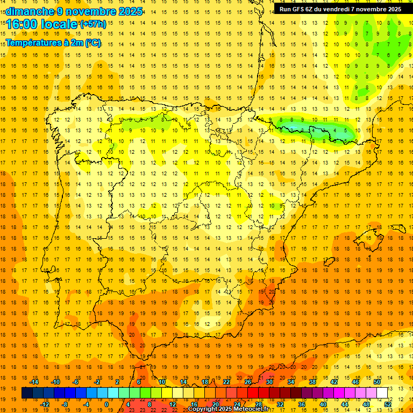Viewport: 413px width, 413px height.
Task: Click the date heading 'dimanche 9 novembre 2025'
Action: click(74, 11)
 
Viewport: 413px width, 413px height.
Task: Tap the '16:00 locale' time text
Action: click(41, 24)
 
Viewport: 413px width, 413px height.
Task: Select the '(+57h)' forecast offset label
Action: click(92, 24)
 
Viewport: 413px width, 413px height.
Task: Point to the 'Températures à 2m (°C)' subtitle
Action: click(53, 42)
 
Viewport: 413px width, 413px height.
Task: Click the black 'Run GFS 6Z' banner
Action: click(340, 9)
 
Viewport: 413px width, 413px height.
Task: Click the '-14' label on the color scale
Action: click(34, 382)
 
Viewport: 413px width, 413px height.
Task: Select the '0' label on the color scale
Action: click(106, 404)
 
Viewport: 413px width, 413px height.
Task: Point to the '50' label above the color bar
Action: click(377, 382)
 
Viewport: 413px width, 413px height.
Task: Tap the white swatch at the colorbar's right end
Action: click(382, 393)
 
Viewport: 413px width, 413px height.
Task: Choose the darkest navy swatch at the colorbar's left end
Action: click(27, 393)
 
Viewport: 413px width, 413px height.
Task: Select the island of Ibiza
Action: click(329, 262)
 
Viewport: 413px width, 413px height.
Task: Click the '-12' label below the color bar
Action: click(45, 404)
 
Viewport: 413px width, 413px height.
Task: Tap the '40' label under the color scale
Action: click(323, 404)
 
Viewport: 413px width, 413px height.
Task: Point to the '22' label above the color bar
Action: click(226, 382)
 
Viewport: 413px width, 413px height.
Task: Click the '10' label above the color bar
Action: click(162, 382)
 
